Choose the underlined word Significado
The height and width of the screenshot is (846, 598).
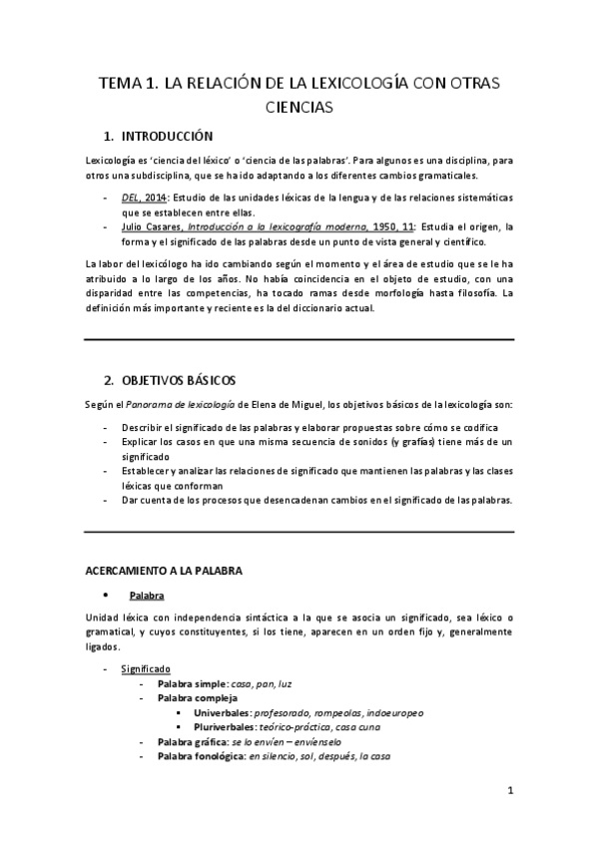(x=146, y=667)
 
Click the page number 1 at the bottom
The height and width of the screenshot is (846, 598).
(x=510, y=793)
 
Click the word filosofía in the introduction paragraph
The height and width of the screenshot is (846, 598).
(x=473, y=293)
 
